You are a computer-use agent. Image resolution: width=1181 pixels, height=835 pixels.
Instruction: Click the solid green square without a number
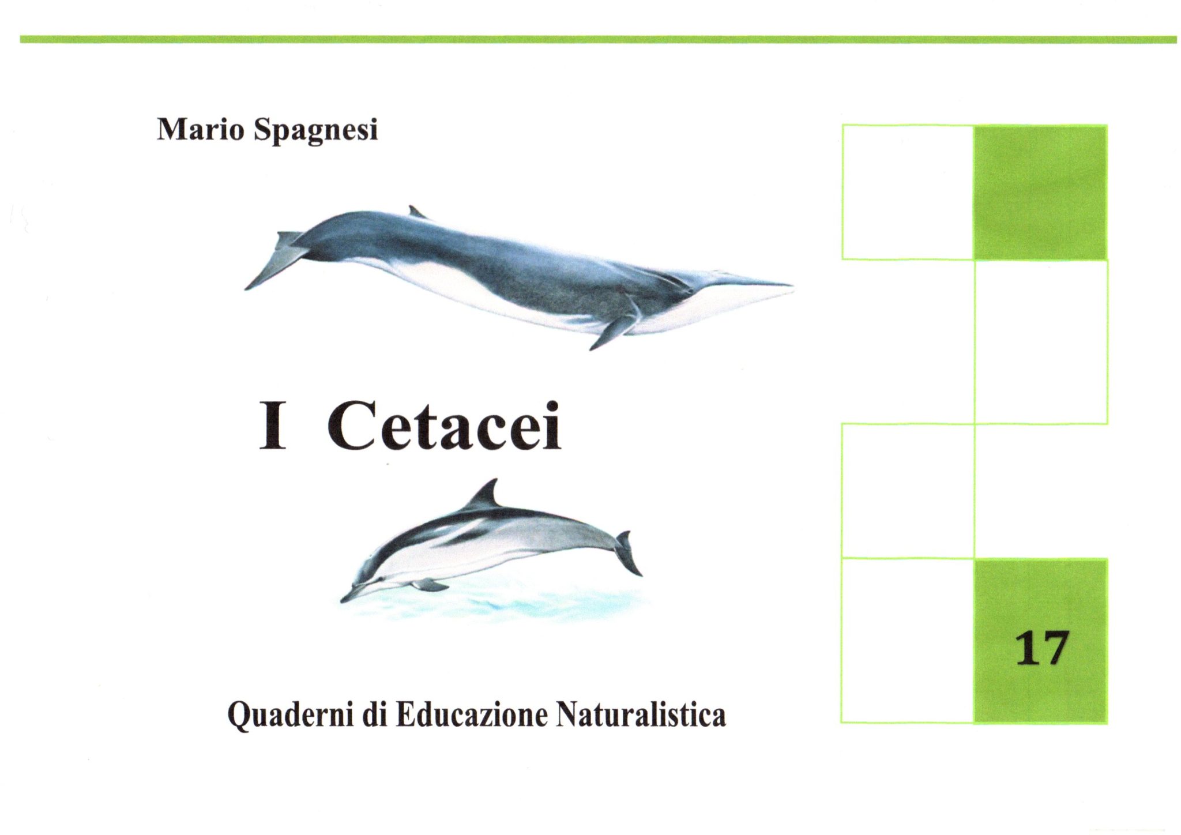click(x=1040, y=193)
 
